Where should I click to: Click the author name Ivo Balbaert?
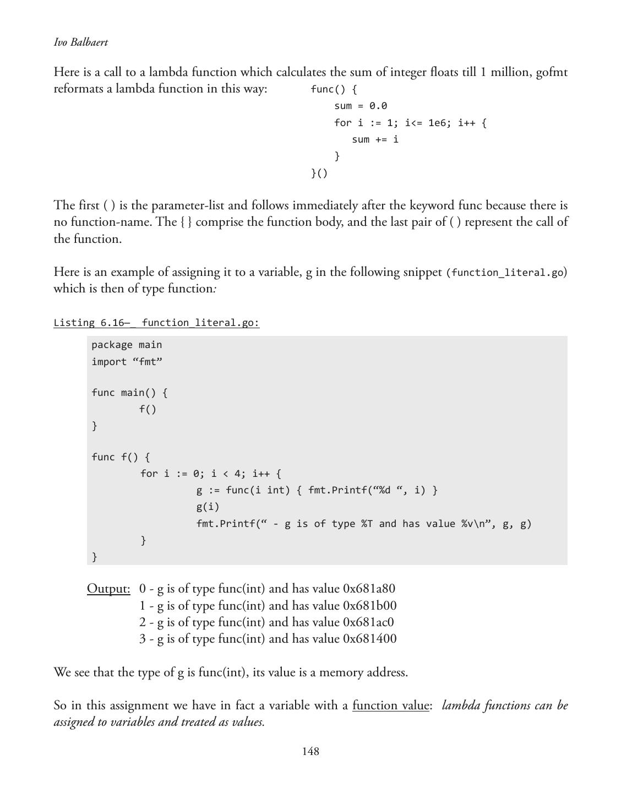click(x=81, y=42)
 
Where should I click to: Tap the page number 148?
click(x=310, y=752)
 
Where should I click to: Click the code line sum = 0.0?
click(x=361, y=106)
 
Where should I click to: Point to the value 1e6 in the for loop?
click(x=437, y=123)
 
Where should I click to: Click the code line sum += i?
click(x=375, y=139)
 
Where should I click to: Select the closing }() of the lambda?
click(x=319, y=173)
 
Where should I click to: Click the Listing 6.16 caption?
click(x=156, y=323)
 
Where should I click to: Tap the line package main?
click(x=127, y=345)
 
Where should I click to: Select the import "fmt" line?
click(x=127, y=362)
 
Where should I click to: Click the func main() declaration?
click(x=129, y=393)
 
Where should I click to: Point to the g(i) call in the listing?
click(x=208, y=507)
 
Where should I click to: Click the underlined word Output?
click(x=108, y=589)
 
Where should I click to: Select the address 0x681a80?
click(x=369, y=589)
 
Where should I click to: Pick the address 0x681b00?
click(x=369, y=606)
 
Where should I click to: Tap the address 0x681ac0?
click(x=368, y=622)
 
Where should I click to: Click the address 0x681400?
click(x=369, y=639)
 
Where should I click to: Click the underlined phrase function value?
click(x=390, y=705)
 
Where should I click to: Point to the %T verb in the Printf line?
click(x=367, y=524)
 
